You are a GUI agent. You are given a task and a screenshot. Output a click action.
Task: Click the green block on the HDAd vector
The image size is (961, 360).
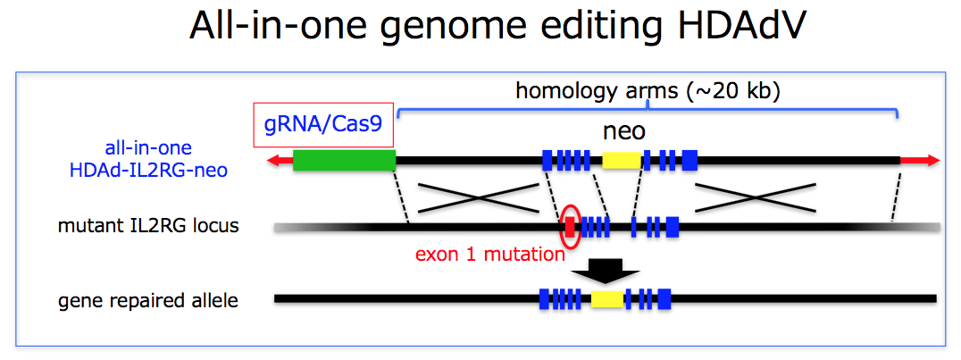click(x=344, y=161)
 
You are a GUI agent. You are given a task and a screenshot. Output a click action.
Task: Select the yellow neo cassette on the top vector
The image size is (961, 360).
click(x=622, y=161)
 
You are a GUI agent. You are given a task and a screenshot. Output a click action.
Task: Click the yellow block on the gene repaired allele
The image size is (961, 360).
click(x=607, y=298)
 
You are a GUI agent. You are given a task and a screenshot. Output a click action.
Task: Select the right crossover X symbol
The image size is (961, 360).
click(x=756, y=197)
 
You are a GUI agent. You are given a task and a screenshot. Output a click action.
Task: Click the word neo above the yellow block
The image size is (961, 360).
click(x=624, y=131)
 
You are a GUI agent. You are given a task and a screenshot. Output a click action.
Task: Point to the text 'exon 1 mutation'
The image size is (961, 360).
click(x=490, y=254)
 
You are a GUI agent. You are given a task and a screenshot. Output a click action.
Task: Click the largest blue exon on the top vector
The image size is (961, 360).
click(x=689, y=161)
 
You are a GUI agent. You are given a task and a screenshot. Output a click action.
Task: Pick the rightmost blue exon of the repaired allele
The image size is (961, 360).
click(x=664, y=298)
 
